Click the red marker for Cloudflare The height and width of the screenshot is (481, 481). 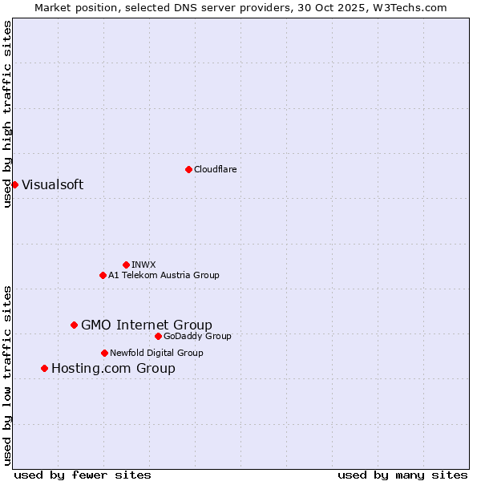click(188, 169)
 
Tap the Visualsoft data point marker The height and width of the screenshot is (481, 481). click(14, 184)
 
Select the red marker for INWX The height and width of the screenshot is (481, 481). click(126, 265)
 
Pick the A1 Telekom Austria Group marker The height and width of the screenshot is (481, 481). click(103, 275)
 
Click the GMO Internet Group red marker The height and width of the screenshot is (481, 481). click(74, 325)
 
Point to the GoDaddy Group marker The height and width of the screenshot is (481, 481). click(158, 336)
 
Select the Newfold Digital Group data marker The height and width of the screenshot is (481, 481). click(104, 353)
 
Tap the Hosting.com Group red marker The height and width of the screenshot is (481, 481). click(44, 368)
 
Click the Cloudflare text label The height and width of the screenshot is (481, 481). click(215, 169)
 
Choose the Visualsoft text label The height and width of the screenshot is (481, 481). click(52, 184)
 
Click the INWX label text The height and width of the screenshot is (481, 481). click(143, 265)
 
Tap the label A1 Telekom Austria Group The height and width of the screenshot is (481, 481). click(164, 275)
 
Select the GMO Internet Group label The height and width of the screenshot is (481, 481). click(147, 325)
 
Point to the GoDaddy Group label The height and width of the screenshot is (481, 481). click(197, 336)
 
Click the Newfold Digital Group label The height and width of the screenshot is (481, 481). click(156, 353)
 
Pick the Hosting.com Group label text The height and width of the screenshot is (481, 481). click(113, 368)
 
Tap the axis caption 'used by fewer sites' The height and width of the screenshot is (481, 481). click(83, 475)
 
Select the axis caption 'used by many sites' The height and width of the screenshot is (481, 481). click(402, 475)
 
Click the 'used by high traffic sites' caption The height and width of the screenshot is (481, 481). click(7, 114)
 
